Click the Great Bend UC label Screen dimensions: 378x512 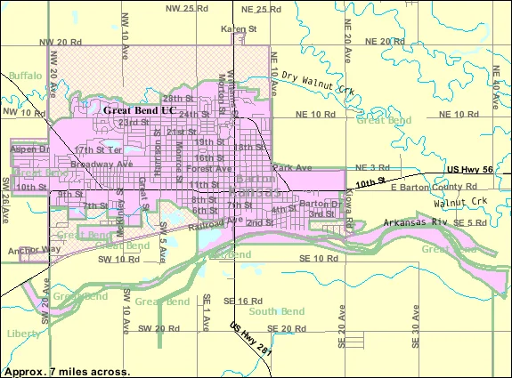(x=140, y=110)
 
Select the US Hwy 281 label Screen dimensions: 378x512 (x=252, y=339)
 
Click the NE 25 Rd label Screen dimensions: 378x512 (x=267, y=8)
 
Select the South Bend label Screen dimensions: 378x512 (x=273, y=311)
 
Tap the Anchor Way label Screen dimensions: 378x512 (x=34, y=250)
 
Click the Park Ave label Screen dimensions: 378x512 (x=293, y=167)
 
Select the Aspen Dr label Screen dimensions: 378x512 (x=29, y=149)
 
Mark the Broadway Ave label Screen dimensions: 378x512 (x=102, y=165)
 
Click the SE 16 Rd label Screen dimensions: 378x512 (x=242, y=302)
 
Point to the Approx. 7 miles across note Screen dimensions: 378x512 (x=67, y=370)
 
